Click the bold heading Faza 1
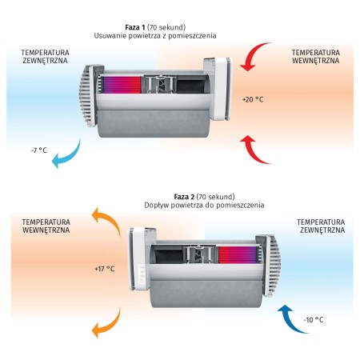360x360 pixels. (x=135, y=27)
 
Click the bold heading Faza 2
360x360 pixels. (x=184, y=197)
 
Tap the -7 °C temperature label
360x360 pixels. (x=39, y=150)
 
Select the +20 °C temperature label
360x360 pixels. (x=253, y=99)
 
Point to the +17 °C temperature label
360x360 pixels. (x=105, y=269)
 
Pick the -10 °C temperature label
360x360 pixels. (x=314, y=320)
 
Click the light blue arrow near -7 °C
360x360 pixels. (x=70, y=157)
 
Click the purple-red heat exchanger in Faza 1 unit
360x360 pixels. (x=122, y=85)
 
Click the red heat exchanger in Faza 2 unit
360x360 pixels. (x=238, y=255)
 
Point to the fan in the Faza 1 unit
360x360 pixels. (x=161, y=85)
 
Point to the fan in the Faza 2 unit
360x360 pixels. (x=199, y=254)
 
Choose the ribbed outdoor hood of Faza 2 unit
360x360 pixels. (x=269, y=266)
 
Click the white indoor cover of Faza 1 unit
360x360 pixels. (x=218, y=89)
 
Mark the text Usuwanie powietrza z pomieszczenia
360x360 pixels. (x=155, y=36)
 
